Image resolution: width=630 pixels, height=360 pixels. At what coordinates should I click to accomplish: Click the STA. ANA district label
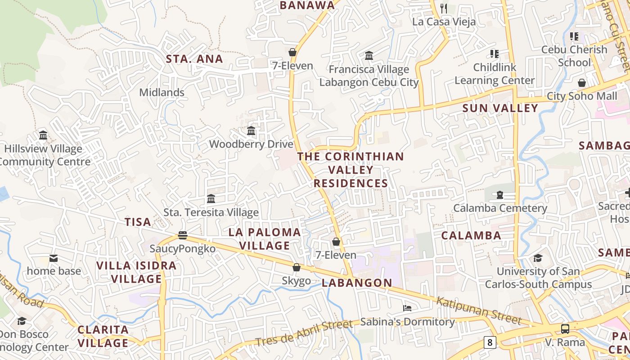coord(194,59)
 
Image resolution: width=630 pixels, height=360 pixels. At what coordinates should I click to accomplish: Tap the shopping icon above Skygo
coord(297,267)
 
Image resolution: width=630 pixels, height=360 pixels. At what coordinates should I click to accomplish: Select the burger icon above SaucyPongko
coord(182,235)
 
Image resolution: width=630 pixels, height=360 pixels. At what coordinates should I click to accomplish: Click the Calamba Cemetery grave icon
coord(499,195)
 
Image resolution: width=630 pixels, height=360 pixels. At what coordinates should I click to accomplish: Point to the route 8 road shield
coord(490,342)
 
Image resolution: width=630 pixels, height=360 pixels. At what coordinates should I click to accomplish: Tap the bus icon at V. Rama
coord(565,328)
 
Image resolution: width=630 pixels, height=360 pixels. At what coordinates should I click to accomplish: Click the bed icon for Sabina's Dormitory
coord(407,308)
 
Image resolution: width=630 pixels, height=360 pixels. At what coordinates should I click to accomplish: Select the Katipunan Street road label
coord(479,310)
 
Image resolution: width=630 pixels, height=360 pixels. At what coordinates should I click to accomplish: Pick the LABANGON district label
coord(357,283)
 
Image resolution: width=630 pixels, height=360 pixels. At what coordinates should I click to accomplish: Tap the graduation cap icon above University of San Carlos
coord(538,258)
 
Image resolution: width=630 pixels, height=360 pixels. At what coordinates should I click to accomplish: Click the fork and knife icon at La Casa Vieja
coord(444,8)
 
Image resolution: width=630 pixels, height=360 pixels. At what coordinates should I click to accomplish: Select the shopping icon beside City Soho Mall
coord(582,83)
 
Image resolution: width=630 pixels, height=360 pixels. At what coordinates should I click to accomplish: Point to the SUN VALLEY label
coord(500,108)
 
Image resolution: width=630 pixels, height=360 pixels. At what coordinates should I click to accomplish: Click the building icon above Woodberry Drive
coord(251,131)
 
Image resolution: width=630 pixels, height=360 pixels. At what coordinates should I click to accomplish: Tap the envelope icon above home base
coord(54,258)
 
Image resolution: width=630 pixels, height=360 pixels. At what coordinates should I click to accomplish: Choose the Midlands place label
coord(162,92)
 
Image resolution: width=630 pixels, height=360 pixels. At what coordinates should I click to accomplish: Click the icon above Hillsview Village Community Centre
coord(43,135)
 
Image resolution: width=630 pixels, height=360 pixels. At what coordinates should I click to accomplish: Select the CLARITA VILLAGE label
coord(103,336)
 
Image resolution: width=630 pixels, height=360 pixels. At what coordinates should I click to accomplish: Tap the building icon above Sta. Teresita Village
coord(211,199)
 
